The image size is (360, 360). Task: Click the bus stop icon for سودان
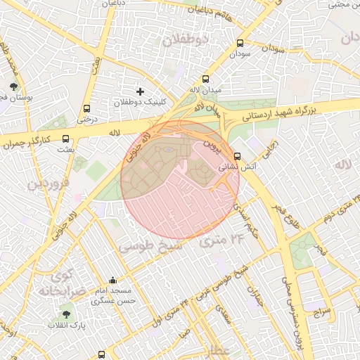(240, 43)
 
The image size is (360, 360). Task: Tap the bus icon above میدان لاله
(205, 79)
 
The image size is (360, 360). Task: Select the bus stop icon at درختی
(86, 109)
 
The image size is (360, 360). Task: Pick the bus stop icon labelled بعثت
(65, 139)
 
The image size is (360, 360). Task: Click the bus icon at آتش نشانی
(237, 156)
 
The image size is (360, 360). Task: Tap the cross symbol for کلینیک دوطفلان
(140, 91)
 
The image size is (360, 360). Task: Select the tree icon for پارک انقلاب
(66, 314)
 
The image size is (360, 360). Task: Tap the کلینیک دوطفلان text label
(141, 103)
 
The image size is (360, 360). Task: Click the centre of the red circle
(180, 179)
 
